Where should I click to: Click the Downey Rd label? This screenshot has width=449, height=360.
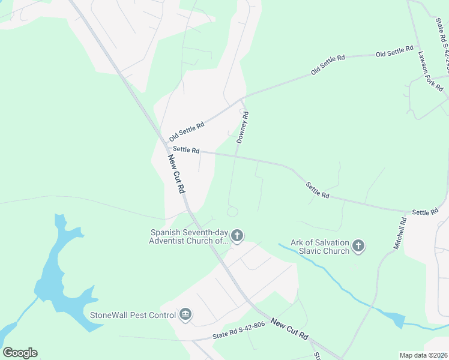pos(243,127)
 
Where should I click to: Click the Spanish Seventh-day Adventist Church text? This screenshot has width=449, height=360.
pos(189,236)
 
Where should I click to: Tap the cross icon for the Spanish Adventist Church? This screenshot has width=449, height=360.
pos(237,236)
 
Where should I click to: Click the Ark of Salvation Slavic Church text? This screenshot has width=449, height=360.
pos(320,247)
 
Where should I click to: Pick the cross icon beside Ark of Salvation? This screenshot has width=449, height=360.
pos(358,245)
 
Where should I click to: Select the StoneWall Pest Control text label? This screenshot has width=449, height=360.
pos(132,314)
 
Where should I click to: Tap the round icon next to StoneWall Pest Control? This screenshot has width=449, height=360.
pos(185,314)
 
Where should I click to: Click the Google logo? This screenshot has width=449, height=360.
pos(20,353)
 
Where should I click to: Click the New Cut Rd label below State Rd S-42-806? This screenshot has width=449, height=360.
pos(289,330)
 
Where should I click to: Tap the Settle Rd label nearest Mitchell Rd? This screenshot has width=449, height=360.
pos(426,212)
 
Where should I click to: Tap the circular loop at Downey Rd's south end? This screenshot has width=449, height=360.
pos(232,211)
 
